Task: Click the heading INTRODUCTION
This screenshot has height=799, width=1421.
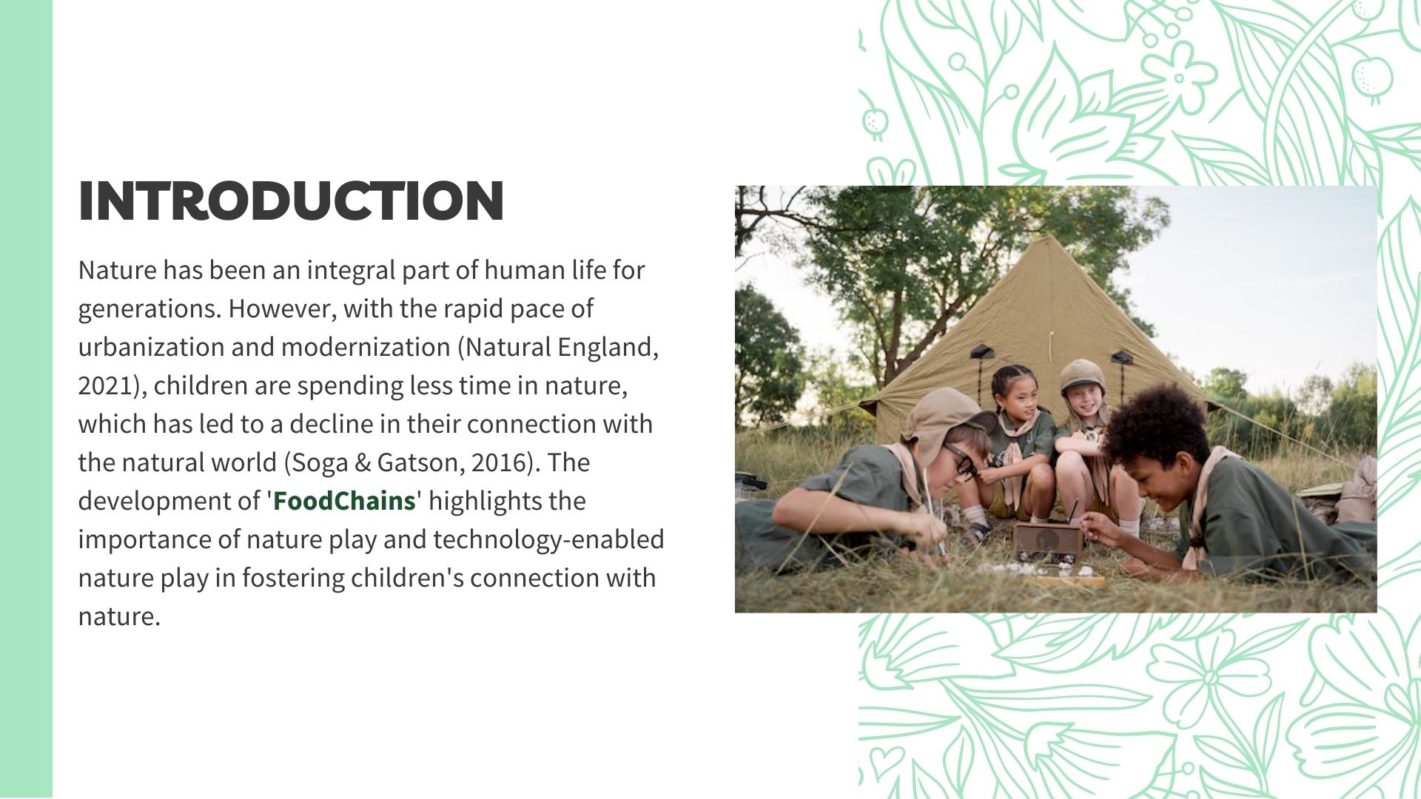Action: [x=291, y=200]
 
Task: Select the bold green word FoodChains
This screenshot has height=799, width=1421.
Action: [x=344, y=501]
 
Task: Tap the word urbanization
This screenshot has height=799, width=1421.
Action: [x=151, y=347]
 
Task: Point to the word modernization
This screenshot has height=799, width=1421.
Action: [x=366, y=347]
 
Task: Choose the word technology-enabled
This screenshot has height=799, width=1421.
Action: [x=548, y=540]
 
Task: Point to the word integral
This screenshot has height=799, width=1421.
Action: [x=351, y=271]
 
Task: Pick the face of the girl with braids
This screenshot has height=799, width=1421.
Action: [x=1022, y=402]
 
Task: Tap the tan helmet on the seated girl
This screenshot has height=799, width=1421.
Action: [x=1083, y=375]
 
